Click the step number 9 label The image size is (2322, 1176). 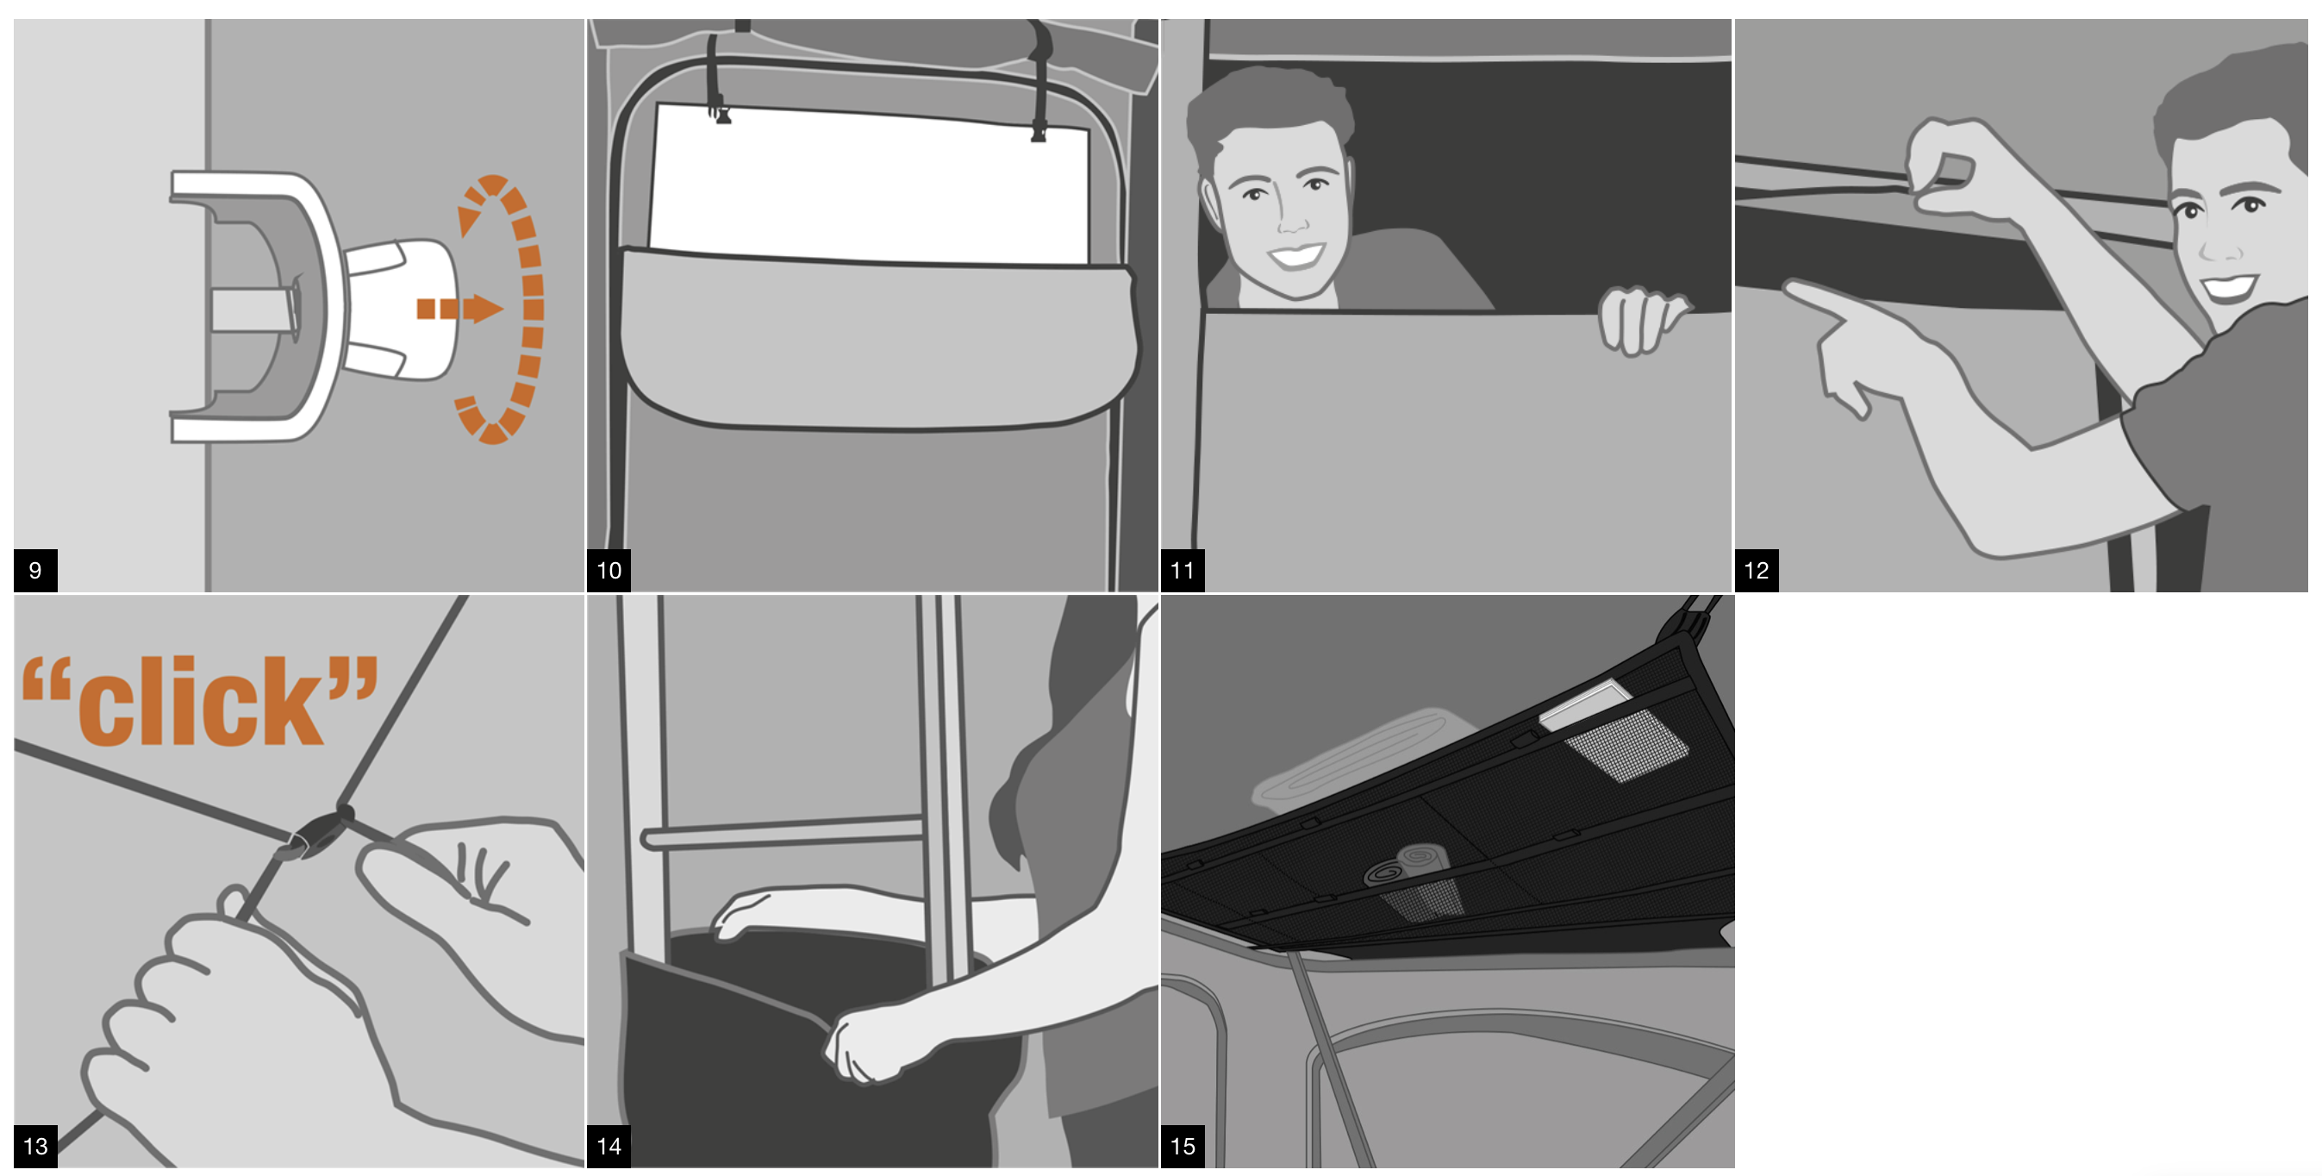tap(35, 570)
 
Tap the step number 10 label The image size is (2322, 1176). tap(609, 570)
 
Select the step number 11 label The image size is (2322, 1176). tap(1183, 570)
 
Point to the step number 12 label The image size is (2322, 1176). tap(1757, 570)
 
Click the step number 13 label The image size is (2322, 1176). tap(35, 1146)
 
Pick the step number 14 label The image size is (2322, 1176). tap(609, 1146)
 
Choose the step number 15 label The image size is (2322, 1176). tap(1183, 1146)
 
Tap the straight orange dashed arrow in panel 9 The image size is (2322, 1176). tap(459, 309)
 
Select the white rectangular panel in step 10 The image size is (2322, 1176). tap(870, 185)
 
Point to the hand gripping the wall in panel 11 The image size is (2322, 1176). tap(1640, 321)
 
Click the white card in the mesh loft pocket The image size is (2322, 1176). tap(1586, 704)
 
